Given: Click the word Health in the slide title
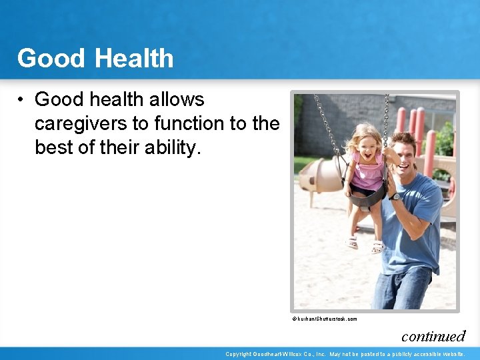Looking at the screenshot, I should (x=135, y=59).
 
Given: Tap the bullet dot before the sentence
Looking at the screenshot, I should (x=22, y=100).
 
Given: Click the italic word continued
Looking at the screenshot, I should (x=433, y=335).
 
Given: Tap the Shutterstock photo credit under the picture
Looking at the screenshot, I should (x=324, y=319).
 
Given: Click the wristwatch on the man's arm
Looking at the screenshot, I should (x=396, y=197).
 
